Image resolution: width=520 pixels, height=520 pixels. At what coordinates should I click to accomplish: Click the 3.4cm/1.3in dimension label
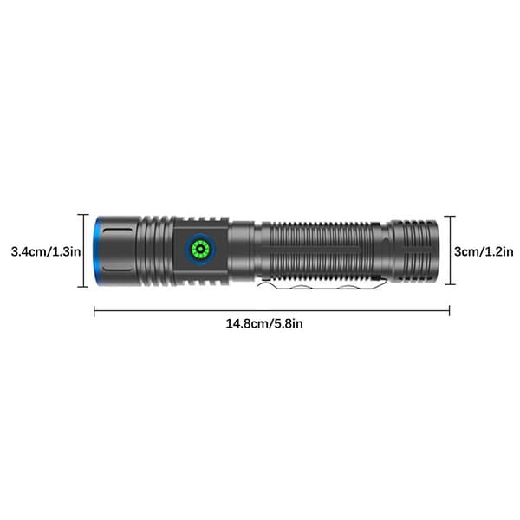pos(46,251)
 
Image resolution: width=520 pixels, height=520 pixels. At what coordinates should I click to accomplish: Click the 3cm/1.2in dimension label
pos(484,251)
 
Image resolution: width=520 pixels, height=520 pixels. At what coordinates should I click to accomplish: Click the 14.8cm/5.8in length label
pos(264,323)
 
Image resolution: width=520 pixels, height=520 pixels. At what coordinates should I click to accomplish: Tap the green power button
pos(201,249)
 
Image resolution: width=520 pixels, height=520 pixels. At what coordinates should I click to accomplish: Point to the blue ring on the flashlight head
pos(96,250)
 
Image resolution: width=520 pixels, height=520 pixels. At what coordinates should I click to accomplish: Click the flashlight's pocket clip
pos(322,286)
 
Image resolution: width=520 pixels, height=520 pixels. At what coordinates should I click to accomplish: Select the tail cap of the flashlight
pos(414,250)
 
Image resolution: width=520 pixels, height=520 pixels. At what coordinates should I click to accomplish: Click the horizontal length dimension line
pos(272,311)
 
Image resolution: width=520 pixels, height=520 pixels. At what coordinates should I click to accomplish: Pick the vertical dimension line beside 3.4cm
pos(83,250)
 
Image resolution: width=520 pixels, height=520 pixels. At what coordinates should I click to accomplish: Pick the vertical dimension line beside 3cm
pos(450,250)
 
